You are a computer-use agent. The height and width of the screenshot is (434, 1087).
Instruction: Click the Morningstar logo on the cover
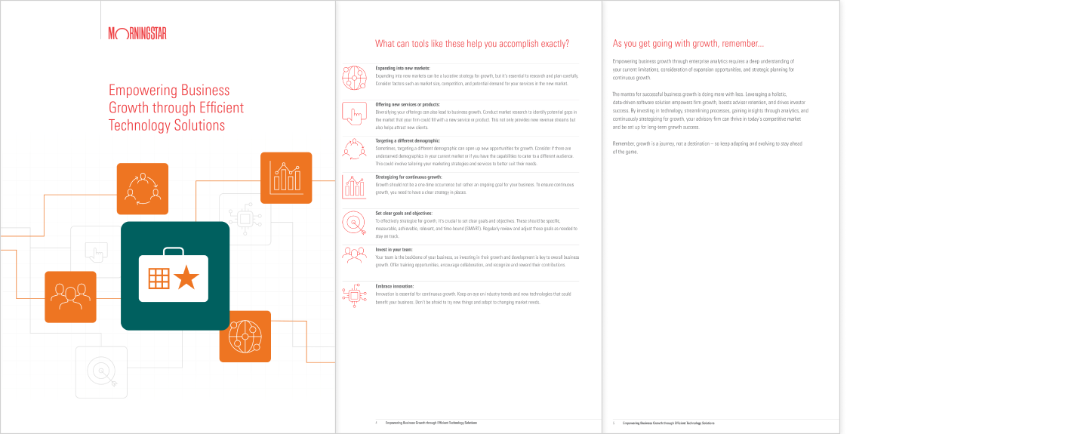tap(137, 33)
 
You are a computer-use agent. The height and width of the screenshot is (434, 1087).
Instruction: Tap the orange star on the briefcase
tap(186, 279)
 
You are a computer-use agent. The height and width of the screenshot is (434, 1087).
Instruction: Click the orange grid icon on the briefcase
tap(159, 279)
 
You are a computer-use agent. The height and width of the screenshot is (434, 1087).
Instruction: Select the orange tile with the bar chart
tap(286, 178)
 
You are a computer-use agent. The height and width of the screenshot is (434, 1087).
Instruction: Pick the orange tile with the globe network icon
tap(245, 337)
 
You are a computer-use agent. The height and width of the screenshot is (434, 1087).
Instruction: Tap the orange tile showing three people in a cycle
tap(143, 189)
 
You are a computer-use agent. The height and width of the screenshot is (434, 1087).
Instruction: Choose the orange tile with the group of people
tap(70, 297)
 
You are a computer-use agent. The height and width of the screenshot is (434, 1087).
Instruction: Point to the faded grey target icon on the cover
tap(101, 371)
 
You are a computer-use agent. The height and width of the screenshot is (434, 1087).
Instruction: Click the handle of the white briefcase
tap(174, 251)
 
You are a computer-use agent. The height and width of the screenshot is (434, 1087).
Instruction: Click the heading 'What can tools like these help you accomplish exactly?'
tap(472, 44)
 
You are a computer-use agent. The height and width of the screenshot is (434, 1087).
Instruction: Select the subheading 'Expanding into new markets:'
tap(402, 68)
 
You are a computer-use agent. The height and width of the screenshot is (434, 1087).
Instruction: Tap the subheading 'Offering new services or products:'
tap(408, 104)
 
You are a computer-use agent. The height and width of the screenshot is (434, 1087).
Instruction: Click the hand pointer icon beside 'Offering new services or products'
tap(353, 113)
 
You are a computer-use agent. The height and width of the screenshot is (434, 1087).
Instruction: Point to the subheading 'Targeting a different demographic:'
tap(408, 140)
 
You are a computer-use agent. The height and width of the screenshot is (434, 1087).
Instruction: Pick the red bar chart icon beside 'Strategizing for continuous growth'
tap(353, 186)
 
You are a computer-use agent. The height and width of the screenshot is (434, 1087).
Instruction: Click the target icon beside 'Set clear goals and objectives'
tap(353, 222)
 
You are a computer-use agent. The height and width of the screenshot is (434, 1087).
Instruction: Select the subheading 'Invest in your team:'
tap(394, 249)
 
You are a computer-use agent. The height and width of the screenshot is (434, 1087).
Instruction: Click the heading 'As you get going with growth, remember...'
tap(688, 44)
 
